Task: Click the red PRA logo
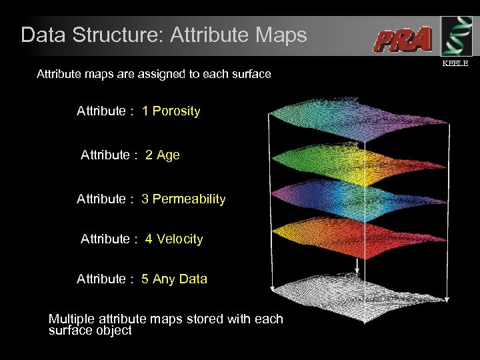(403, 39)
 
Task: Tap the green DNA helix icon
(456, 37)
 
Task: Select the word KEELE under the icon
(456, 63)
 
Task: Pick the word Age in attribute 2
(168, 155)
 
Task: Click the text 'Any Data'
(179, 279)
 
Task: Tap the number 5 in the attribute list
(145, 279)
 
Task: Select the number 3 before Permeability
(145, 199)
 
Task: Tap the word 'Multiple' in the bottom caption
(71, 319)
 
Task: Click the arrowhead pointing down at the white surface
(358, 272)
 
